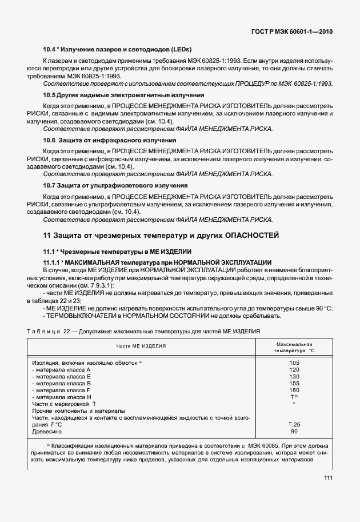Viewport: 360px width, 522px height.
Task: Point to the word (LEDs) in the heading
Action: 179,49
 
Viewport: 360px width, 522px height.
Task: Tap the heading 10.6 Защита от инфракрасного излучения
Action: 109,141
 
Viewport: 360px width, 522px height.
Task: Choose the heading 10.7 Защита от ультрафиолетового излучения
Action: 115,186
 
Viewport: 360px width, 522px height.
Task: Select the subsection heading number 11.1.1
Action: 54,261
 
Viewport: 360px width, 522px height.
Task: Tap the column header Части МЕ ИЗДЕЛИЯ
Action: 141,346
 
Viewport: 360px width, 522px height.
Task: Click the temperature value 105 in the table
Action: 294,363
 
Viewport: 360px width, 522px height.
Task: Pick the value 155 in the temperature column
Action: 294,384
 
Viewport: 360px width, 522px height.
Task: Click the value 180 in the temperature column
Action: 294,390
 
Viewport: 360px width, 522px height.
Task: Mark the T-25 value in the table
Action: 294,425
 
